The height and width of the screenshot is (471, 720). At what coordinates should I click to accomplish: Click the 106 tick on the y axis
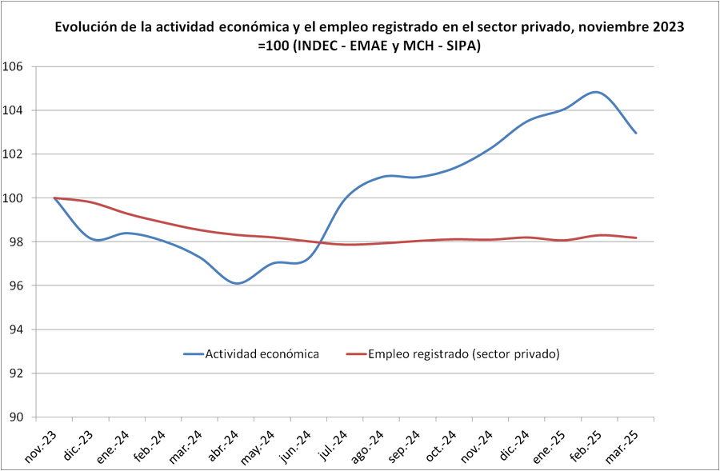(14, 66)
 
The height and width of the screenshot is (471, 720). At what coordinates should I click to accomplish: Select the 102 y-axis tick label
(14, 154)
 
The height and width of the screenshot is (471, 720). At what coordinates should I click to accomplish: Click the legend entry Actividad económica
(262, 353)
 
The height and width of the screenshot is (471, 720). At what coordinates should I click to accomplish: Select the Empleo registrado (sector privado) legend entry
(463, 353)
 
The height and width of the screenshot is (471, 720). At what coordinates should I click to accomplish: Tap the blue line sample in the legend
(193, 353)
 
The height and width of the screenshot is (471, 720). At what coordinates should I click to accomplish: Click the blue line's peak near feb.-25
(595, 92)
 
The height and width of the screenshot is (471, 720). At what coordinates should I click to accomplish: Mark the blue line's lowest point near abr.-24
(238, 283)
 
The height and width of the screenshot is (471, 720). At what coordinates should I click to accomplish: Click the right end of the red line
(636, 237)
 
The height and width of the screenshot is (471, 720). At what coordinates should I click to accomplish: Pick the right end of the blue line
(636, 133)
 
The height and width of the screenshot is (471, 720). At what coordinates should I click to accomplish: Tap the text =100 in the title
(273, 46)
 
